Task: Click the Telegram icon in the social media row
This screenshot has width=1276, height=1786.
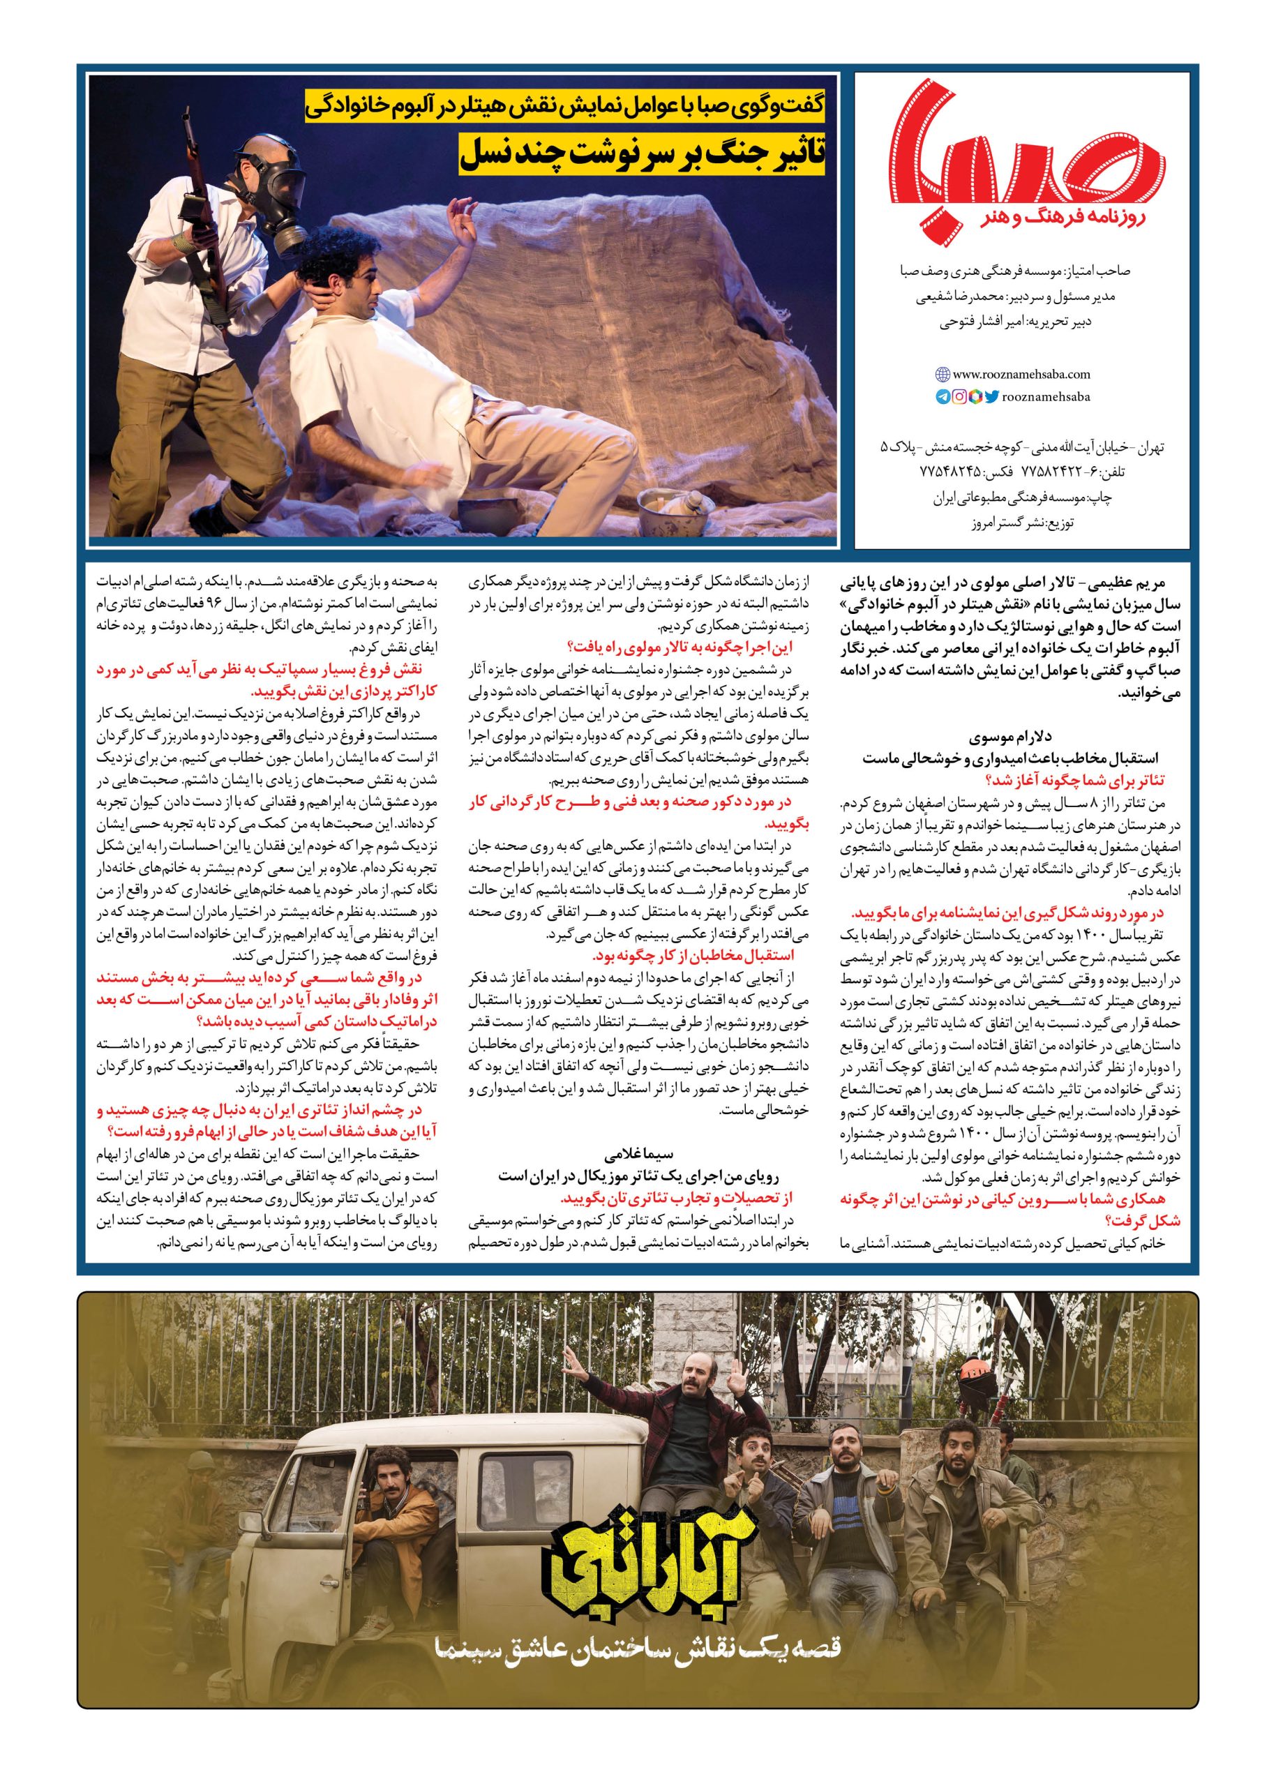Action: [x=942, y=397]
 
